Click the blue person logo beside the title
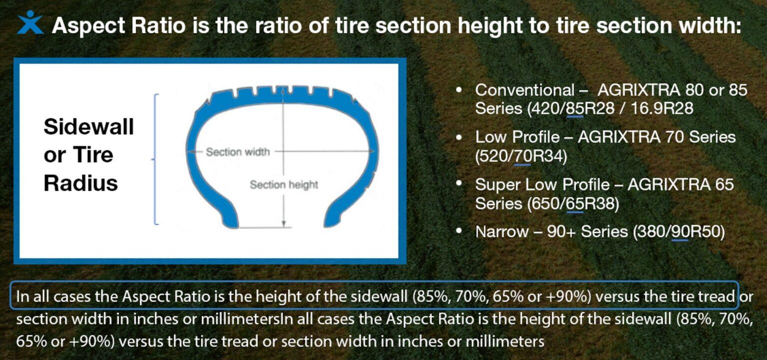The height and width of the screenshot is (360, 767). [x=29, y=22]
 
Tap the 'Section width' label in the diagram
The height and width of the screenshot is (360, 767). [x=238, y=152]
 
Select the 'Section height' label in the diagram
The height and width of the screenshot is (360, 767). [x=284, y=185]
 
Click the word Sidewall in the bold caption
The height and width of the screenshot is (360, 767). [x=88, y=127]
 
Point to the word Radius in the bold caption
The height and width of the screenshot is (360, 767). [x=80, y=183]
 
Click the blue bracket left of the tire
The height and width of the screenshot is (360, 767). [x=156, y=159]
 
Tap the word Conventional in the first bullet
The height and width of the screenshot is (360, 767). [x=524, y=90]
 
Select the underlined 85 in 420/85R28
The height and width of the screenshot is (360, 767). [x=575, y=108]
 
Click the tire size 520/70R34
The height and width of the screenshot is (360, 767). [x=521, y=156]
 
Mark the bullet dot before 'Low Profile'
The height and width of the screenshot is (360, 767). [x=459, y=136]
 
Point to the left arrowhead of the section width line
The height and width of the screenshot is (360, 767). [x=190, y=151]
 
